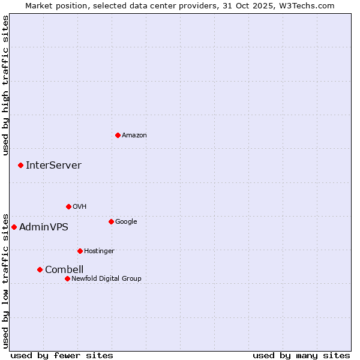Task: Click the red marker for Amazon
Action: tap(118, 135)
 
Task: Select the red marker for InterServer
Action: tap(20, 165)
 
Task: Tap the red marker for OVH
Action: tap(68, 206)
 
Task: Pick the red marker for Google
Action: tap(111, 221)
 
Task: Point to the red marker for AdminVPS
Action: tap(14, 227)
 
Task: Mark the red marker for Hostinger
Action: tap(80, 251)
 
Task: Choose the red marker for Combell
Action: tap(40, 269)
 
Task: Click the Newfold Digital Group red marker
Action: tap(67, 278)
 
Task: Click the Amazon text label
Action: tap(134, 135)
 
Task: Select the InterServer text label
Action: tap(53, 165)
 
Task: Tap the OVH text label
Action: tap(80, 206)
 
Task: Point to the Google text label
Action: tap(126, 221)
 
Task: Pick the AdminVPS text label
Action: tap(44, 227)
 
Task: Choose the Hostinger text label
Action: tap(99, 251)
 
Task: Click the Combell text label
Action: tap(64, 269)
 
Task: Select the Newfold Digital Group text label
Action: tap(106, 278)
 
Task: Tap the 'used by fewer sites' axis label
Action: tap(62, 355)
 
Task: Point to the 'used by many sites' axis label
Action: tap(301, 355)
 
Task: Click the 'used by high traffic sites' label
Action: tap(5, 85)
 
